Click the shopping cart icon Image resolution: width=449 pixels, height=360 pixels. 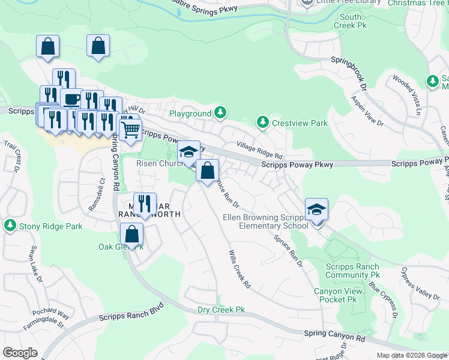coord(130,128)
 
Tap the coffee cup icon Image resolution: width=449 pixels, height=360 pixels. coord(71,98)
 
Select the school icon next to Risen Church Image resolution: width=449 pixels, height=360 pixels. coord(188,152)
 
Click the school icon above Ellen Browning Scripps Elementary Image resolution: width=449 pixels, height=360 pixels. coord(316,209)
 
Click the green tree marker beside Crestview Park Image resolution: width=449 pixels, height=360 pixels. coord(262,122)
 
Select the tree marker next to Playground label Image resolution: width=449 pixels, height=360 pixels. coord(221,113)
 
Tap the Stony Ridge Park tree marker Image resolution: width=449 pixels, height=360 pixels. coord(10,226)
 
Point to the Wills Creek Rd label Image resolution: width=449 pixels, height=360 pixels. coord(239,269)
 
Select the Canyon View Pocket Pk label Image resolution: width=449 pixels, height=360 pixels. coord(338,295)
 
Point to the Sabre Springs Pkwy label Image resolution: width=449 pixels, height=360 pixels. coord(205,8)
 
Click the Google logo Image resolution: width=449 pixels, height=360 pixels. coord(20,353)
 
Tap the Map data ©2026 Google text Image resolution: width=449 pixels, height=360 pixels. coord(411,355)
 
